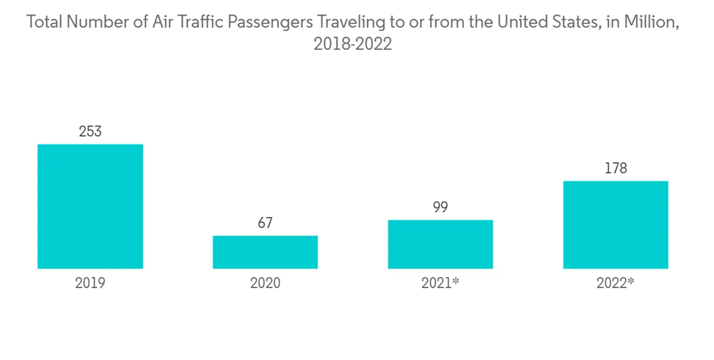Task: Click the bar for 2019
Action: point(90,206)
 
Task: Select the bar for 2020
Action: point(265,252)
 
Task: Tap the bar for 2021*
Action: point(440,244)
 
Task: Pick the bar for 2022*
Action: point(615,225)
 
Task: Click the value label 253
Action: point(90,131)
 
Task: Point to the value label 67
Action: point(265,223)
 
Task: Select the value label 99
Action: point(440,207)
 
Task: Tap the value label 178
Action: point(615,169)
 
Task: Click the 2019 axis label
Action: point(90,284)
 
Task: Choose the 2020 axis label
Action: point(265,284)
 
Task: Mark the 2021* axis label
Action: point(440,284)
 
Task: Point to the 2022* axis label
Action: point(615,284)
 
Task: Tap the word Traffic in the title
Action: point(198,22)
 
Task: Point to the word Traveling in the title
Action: point(351,23)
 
